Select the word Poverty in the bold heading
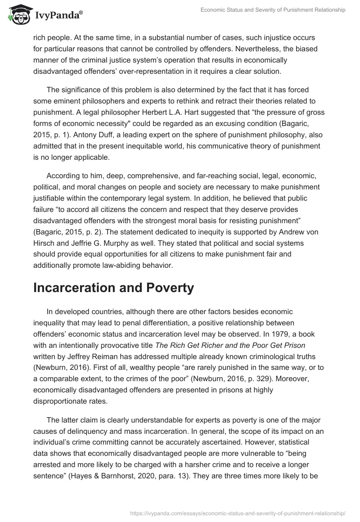coord(170,288)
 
